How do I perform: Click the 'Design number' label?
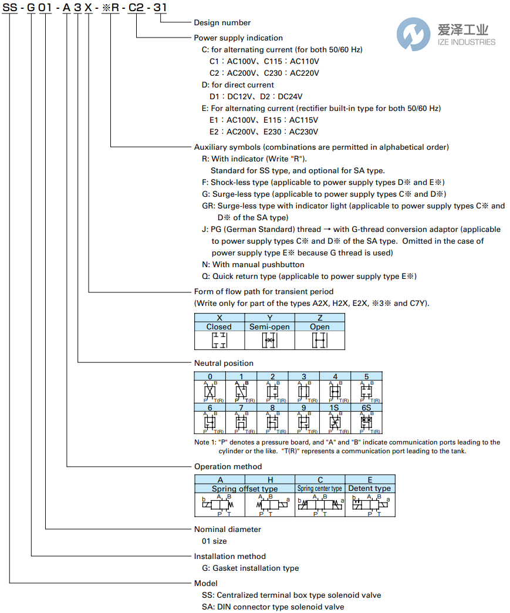tap(222, 22)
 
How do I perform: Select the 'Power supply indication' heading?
tap(238, 38)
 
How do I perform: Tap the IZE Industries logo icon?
tap(413, 33)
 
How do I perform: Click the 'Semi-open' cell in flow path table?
tap(269, 326)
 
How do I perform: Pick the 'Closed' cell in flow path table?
tap(219, 326)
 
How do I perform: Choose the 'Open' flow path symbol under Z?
tap(319, 340)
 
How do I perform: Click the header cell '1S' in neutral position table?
tap(335, 407)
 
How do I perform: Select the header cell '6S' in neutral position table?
tap(366, 407)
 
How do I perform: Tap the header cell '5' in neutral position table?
tap(366, 376)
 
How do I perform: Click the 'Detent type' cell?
tap(370, 488)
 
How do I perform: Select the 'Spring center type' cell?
tap(320, 488)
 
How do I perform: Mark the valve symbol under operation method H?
tap(270, 504)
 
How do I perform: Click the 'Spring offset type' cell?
tap(245, 488)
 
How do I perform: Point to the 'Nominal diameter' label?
tap(227, 529)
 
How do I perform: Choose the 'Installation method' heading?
tap(229, 556)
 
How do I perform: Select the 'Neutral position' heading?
tap(224, 363)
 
